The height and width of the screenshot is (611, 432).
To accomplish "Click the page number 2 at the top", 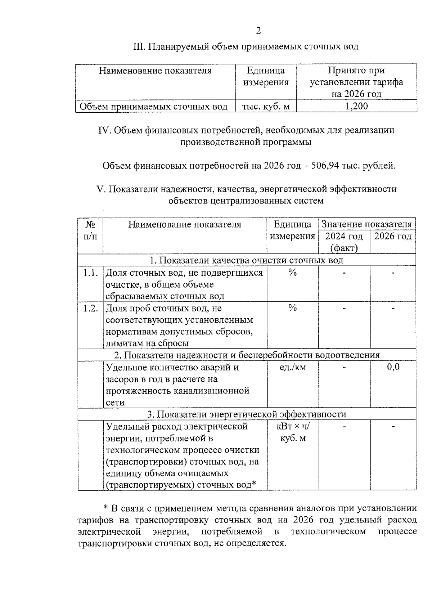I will click(258, 31).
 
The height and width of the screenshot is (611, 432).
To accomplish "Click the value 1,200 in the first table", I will click(356, 106).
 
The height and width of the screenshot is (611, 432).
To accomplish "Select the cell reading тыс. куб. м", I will click(266, 107).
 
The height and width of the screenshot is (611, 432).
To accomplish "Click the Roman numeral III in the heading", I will click(139, 46).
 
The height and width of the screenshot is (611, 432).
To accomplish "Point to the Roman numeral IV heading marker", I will click(105, 130).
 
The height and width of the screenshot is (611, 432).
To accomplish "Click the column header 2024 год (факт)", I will click(344, 242).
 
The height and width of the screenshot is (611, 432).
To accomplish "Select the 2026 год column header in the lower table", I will click(393, 237).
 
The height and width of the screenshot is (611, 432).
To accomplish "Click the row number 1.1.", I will click(90, 273).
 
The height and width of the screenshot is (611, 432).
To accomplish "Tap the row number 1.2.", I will click(90, 309).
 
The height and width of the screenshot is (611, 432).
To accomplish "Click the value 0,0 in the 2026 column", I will click(393, 367).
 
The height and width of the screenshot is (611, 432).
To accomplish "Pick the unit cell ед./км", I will click(292, 368).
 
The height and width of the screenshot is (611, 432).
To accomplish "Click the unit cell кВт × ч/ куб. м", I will click(293, 432).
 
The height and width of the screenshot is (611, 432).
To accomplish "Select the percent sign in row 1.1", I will click(292, 273).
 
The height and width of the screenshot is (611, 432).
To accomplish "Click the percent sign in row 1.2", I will click(292, 309).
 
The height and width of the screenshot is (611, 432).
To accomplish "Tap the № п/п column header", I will click(90, 230).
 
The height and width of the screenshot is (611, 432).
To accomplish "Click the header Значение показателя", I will click(366, 224).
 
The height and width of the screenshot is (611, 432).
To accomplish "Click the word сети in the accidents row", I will click(115, 402).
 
